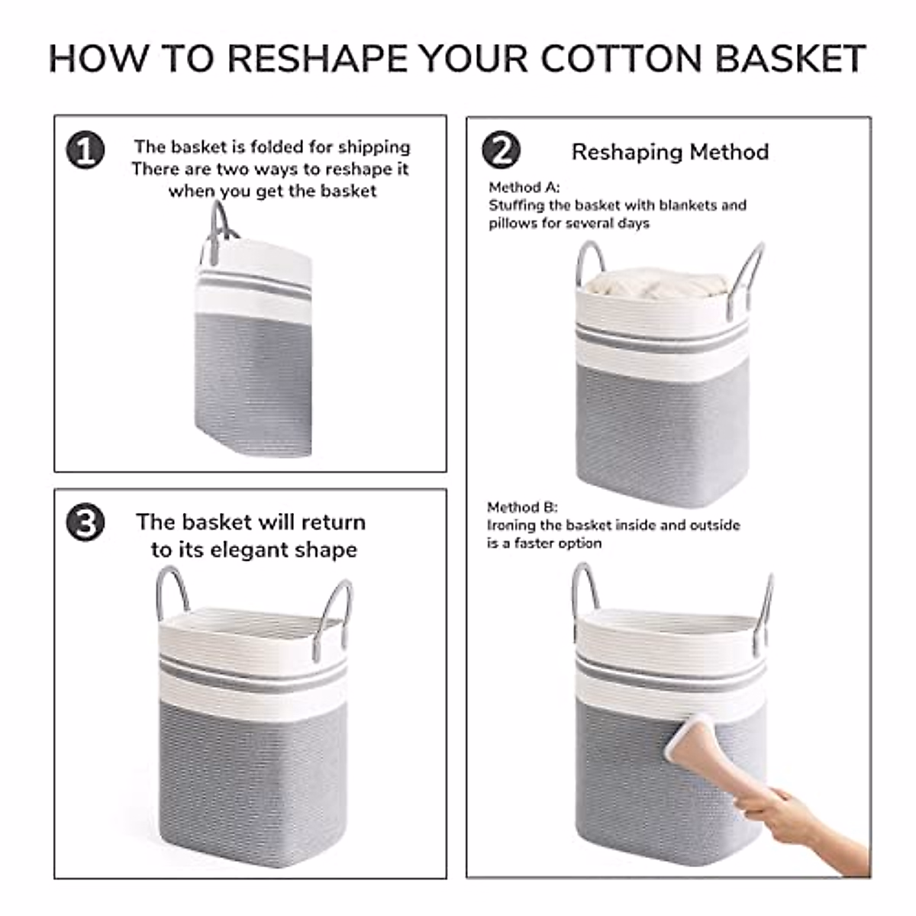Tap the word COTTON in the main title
click(621, 59)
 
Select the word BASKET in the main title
click(790, 59)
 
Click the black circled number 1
click(85, 150)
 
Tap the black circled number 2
click(501, 150)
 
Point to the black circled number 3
click(85, 522)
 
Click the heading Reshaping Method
click(669, 152)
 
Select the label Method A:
click(524, 187)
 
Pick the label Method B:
click(522, 507)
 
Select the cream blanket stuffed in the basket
click(656, 284)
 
